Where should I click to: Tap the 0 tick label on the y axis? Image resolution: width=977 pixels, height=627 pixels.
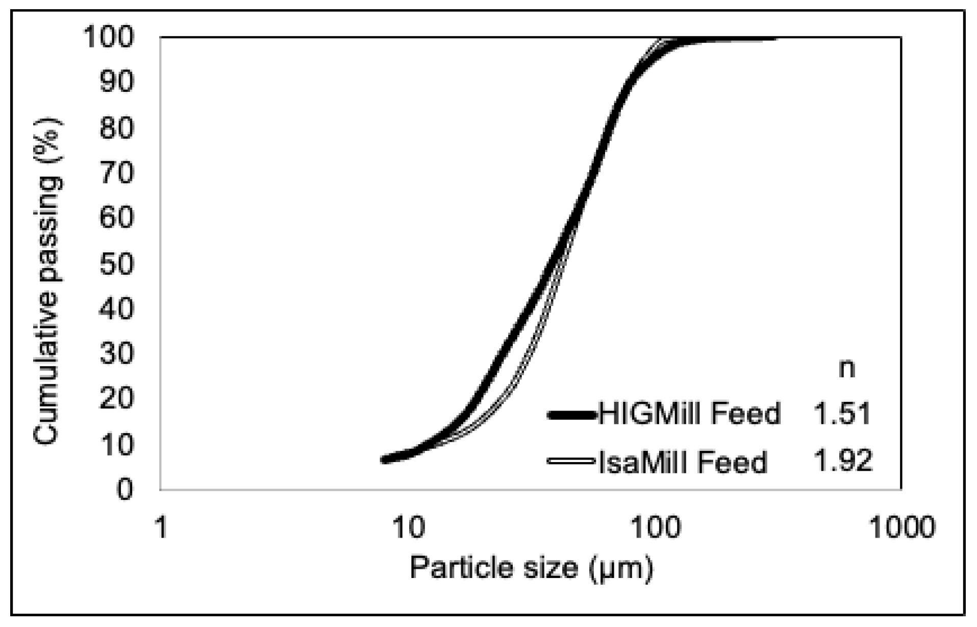tap(125, 489)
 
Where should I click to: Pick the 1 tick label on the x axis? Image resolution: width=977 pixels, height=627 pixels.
tap(161, 527)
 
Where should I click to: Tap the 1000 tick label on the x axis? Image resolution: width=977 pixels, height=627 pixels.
tap(901, 527)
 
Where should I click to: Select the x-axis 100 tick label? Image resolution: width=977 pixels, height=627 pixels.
tap(655, 527)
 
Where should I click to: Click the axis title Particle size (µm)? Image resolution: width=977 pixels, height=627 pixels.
tap(531, 568)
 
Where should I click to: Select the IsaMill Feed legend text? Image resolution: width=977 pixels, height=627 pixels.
tap(683, 462)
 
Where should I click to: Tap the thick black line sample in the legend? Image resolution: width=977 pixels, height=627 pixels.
tap(571, 415)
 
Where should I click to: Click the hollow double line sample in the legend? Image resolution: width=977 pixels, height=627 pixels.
tap(571, 461)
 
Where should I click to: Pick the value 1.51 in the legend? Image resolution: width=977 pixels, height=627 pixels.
tap(842, 413)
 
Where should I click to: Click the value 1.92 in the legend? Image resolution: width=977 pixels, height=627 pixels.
tap(843, 461)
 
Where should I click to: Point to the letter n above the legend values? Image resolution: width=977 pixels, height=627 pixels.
tap(847, 369)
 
